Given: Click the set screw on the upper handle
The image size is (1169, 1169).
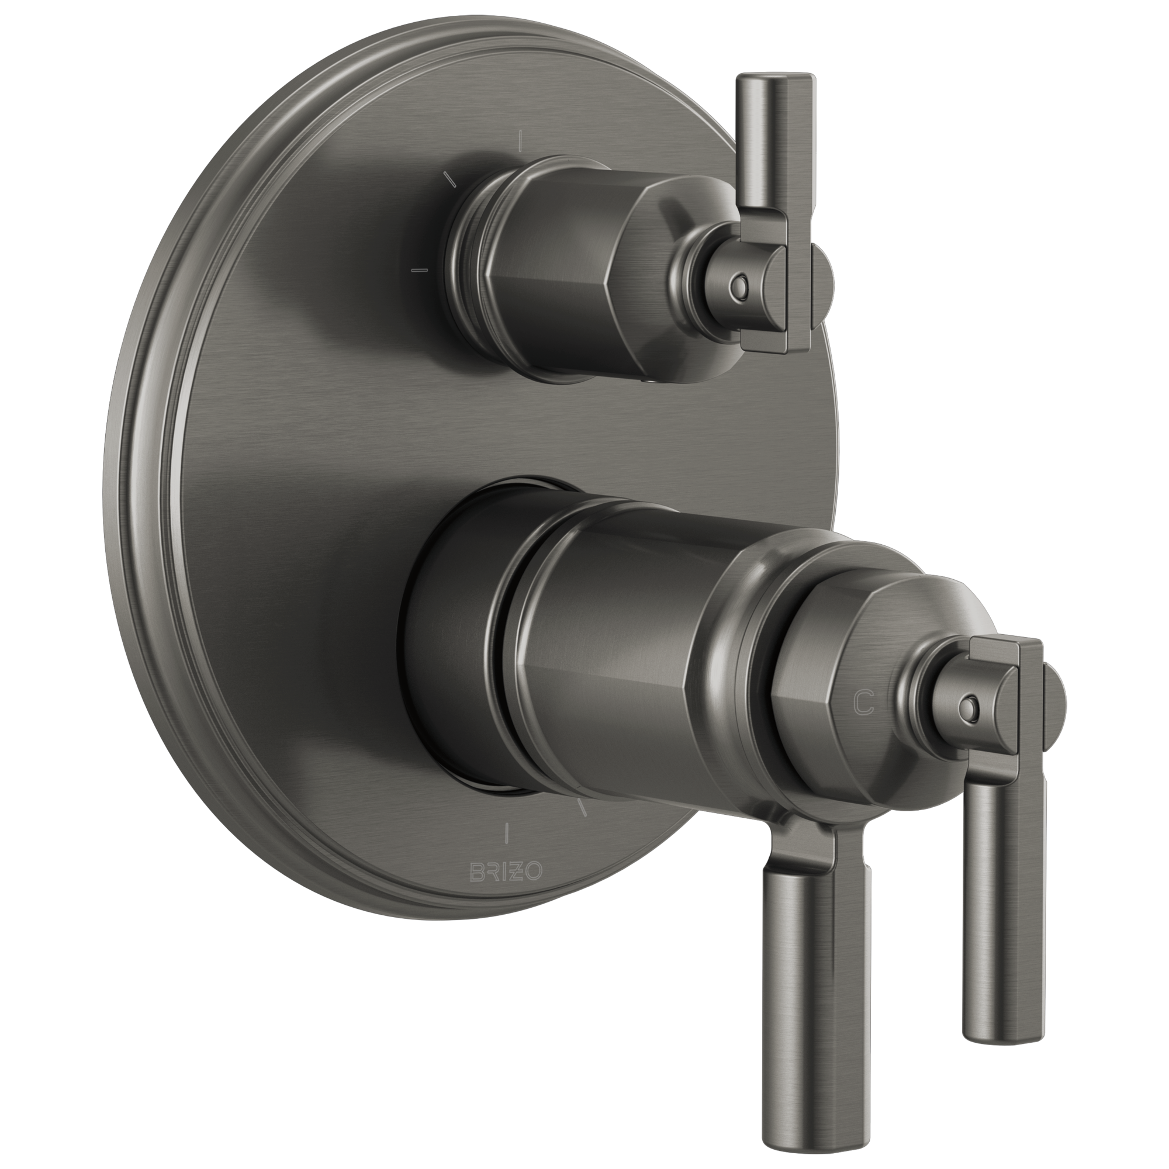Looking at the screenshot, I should (738, 284).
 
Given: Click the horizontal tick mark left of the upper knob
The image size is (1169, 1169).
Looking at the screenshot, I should (419, 268).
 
